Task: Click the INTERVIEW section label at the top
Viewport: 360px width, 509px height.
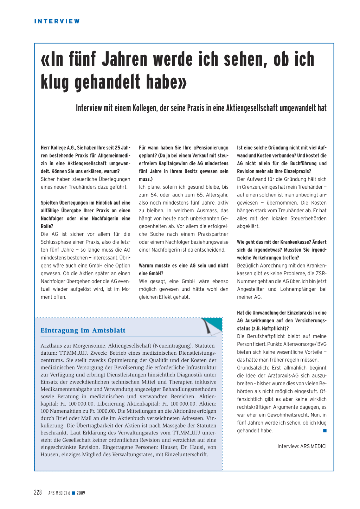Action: point(57,21)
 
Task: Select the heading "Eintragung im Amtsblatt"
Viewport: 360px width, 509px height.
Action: point(83,330)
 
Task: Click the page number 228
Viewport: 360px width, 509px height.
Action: point(38,492)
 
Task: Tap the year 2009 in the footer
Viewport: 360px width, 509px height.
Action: point(81,493)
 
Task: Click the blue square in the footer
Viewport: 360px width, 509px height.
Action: point(73,493)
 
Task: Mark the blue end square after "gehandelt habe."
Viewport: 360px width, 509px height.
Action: point(325,431)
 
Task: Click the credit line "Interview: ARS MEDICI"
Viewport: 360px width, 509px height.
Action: point(302,446)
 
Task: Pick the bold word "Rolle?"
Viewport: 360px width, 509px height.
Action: point(47,226)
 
